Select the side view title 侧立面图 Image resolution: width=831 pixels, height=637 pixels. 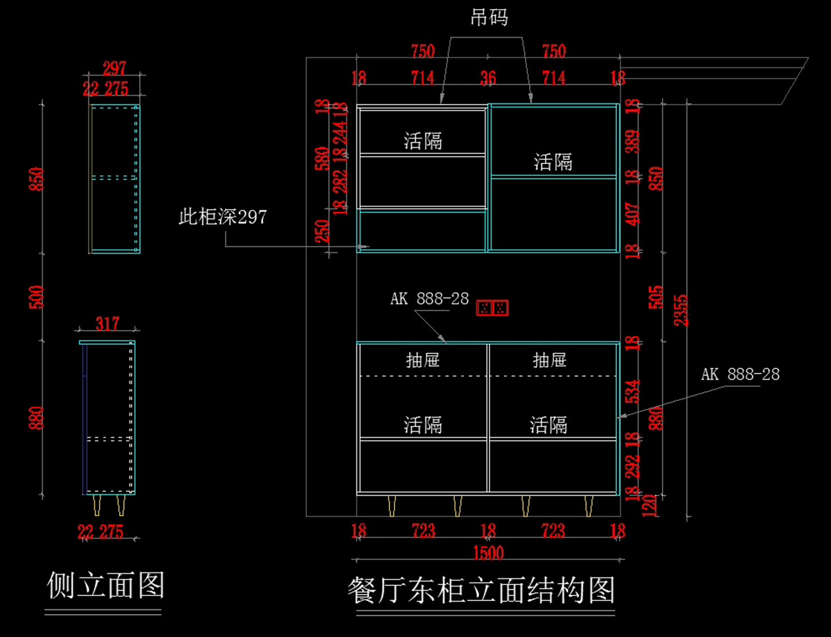tap(105, 586)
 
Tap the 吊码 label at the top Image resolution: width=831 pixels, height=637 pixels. tap(489, 18)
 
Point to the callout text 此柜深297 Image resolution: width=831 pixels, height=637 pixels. tap(222, 217)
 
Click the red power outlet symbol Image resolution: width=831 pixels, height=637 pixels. tap(493, 307)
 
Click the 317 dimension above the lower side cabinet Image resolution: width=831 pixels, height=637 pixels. tap(107, 323)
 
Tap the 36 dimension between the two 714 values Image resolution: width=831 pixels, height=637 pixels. tap(488, 78)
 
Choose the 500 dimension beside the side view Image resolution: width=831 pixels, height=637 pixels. tap(37, 296)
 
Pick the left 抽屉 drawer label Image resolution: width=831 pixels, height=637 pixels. tap(422, 360)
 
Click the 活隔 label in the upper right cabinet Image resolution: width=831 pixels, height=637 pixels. tap(553, 163)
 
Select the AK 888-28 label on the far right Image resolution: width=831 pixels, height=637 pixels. tap(740, 375)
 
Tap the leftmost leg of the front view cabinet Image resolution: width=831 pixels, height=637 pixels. tap(393, 505)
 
